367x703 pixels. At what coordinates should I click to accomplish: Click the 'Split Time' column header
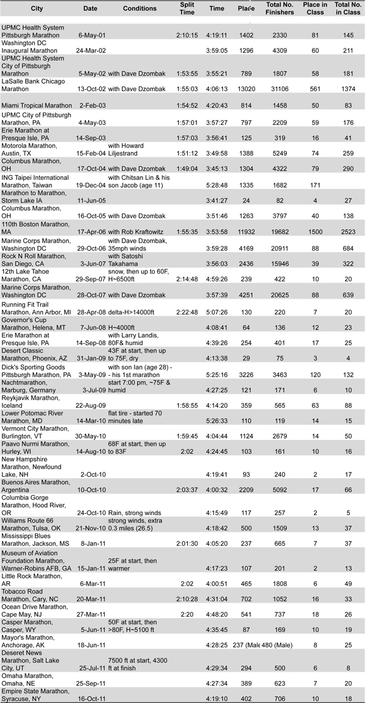pos(187,9)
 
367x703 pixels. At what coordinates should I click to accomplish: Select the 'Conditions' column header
pos(139,9)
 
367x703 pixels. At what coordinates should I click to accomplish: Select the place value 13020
pos(247,89)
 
